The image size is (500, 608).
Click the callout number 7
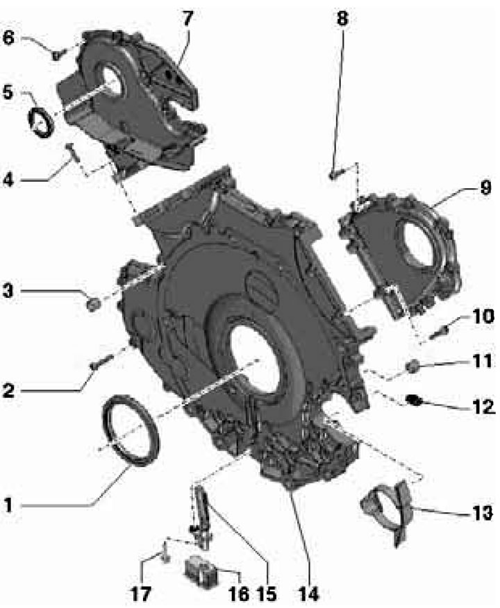coord(187,18)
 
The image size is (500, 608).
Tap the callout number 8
coord(342,18)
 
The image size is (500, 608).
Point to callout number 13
coord(482,513)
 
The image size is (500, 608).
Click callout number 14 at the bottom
coord(308,593)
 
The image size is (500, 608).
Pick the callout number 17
coord(140,593)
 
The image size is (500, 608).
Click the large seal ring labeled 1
coord(131,428)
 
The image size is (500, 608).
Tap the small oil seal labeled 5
coord(40,123)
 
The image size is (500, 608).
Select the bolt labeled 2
coord(101,361)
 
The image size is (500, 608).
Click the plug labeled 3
coord(92,305)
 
